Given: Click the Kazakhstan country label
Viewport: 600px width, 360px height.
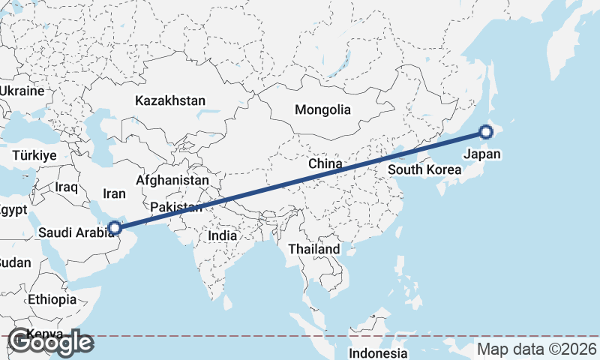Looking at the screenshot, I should pos(170,100).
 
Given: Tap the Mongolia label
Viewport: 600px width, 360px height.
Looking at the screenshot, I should pos(322,109).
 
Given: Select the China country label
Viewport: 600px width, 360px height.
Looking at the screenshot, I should pos(325,163).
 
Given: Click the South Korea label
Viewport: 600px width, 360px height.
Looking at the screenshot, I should pos(424,169).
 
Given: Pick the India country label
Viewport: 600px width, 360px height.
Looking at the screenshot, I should pos(222,235).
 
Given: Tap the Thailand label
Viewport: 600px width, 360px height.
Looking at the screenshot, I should pos(316,249).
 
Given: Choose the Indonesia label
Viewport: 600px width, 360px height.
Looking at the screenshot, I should pos(378,352).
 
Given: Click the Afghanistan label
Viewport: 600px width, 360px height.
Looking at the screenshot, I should pos(172,181).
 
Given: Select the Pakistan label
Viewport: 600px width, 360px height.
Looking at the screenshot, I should pos(175,207).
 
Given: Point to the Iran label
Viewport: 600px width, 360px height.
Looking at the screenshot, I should pos(115,193).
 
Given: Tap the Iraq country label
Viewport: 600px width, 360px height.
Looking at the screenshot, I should pos(67,186).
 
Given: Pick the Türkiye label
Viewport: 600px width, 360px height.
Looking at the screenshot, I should pos(34,155).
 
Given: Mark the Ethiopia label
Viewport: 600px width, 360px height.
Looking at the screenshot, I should pos(52,299).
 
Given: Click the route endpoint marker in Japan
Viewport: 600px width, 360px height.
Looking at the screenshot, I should pos(486,133).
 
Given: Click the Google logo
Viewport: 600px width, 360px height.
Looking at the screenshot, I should pos(50,342).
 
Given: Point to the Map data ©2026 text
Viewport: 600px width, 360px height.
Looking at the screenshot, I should pos(537,349).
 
